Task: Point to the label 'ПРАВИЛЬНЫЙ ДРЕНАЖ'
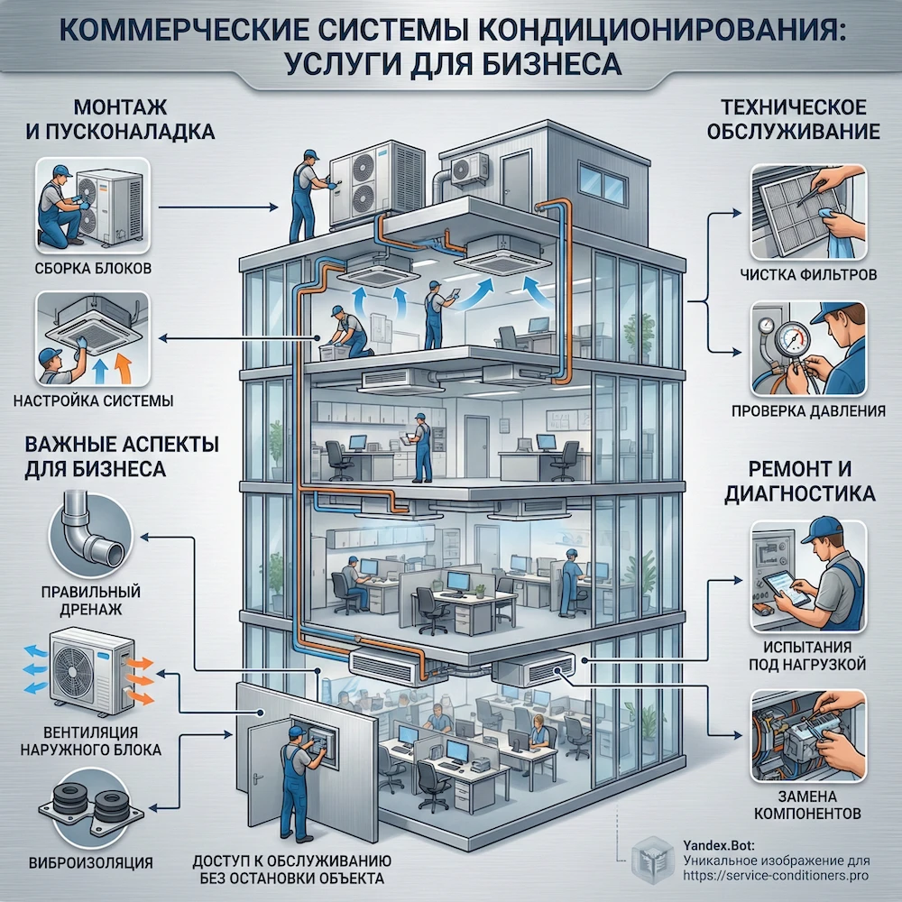[x=89, y=601]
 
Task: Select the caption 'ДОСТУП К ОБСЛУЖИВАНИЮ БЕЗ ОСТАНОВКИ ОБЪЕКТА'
[x=290, y=868]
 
